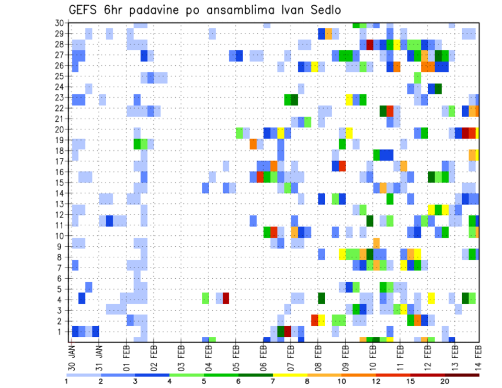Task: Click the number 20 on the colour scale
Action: tap(444, 381)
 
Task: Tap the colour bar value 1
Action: tap(66, 381)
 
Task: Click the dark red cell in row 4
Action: tap(226, 298)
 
